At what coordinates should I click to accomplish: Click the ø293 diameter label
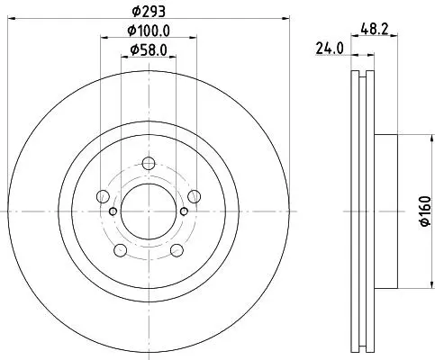tap(149, 12)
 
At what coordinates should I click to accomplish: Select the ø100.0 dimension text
tap(149, 31)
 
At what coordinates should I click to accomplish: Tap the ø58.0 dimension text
tap(149, 49)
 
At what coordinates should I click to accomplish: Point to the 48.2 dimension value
tap(375, 30)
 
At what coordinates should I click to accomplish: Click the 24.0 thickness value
tap(330, 49)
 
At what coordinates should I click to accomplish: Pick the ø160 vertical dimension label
tap(426, 211)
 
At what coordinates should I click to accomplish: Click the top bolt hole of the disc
tap(149, 164)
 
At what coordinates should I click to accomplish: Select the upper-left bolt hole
tap(103, 196)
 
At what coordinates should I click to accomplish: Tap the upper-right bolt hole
tap(195, 196)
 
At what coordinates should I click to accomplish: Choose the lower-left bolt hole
tap(121, 250)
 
